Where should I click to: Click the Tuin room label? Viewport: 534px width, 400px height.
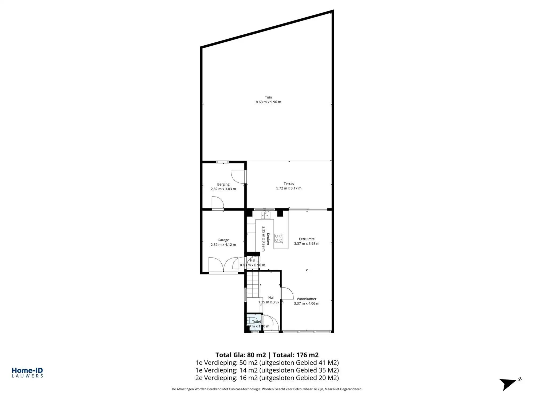[268, 97]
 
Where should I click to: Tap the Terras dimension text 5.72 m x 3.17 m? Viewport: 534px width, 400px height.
[289, 188]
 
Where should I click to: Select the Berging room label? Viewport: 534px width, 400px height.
[223, 184]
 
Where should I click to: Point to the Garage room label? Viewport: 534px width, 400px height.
[223, 240]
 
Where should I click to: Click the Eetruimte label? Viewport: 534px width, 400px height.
[307, 239]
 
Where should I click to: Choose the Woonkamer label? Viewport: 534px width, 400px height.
[307, 299]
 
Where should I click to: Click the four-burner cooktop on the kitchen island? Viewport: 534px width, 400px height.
[279, 238]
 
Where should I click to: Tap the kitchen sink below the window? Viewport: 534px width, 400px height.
[265, 215]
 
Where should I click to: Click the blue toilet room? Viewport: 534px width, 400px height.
[254, 323]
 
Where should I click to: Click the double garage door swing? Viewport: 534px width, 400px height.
[223, 265]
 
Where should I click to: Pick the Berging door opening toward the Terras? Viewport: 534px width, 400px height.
[238, 177]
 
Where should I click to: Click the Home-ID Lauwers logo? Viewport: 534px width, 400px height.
[27, 373]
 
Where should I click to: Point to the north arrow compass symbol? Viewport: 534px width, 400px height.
[509, 384]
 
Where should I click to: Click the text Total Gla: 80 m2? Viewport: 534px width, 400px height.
[241, 355]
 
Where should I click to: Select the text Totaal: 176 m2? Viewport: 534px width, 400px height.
[296, 355]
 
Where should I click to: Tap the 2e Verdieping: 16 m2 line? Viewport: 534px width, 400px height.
[267, 378]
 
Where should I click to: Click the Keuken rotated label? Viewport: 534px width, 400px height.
[268, 239]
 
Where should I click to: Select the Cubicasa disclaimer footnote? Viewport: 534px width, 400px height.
[267, 389]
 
